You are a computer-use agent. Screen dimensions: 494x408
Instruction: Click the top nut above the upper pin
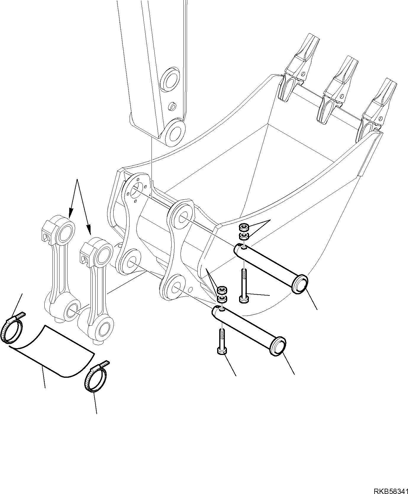tap(243, 227)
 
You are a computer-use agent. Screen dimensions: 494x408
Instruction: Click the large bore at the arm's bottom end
tap(175, 133)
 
